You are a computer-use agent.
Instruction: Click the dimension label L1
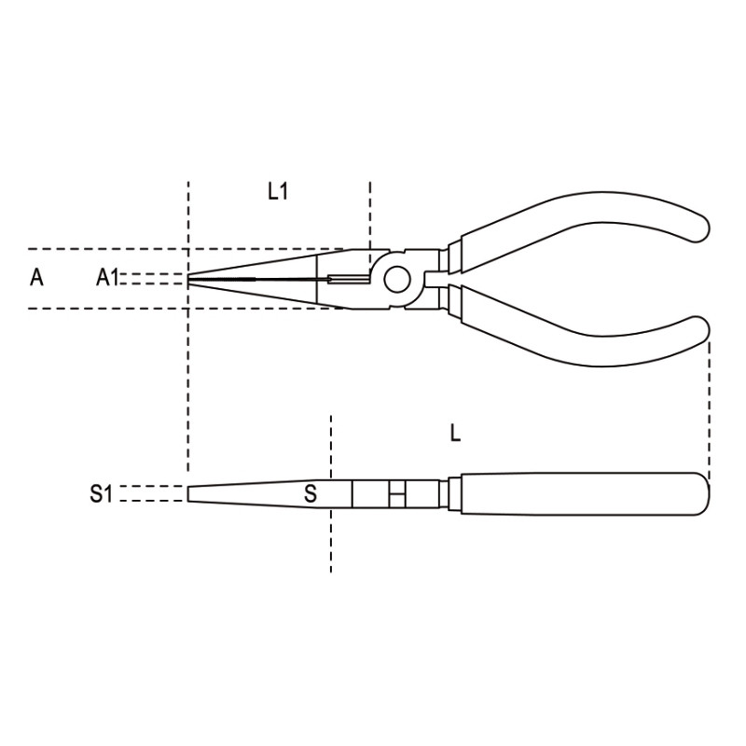pos(277,192)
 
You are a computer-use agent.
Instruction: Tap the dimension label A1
pos(108,277)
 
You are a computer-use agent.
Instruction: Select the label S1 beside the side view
pos(101,494)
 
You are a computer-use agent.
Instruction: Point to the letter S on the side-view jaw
pos(311,493)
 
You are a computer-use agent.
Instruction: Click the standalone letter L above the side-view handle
pos(455,433)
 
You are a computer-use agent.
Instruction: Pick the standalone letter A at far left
pos(36,277)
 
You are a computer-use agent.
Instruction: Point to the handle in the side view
pos(578,493)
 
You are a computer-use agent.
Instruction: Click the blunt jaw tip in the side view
pos(190,493)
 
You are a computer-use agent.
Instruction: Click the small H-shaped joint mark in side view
pos(397,493)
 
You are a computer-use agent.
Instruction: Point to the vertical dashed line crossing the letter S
pos(330,541)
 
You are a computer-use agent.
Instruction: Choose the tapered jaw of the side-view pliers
pos(252,493)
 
